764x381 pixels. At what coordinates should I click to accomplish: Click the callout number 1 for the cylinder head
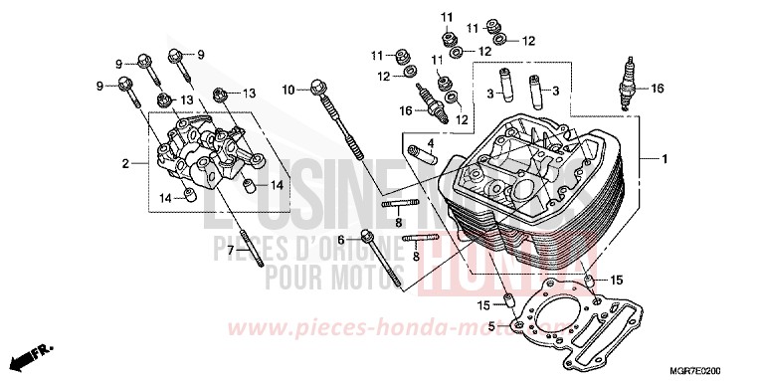pyautogui.click(x=665, y=159)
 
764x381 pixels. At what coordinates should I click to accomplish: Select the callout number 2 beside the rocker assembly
pyautogui.click(x=126, y=162)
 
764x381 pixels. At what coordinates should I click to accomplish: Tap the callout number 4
pyautogui.click(x=432, y=142)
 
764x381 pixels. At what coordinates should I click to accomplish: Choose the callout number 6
pyautogui.click(x=340, y=240)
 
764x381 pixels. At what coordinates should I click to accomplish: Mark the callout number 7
pyautogui.click(x=230, y=250)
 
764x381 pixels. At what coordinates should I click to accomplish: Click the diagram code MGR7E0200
pyautogui.click(x=707, y=369)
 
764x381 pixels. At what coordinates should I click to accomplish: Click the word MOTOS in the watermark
pyautogui.click(x=367, y=271)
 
